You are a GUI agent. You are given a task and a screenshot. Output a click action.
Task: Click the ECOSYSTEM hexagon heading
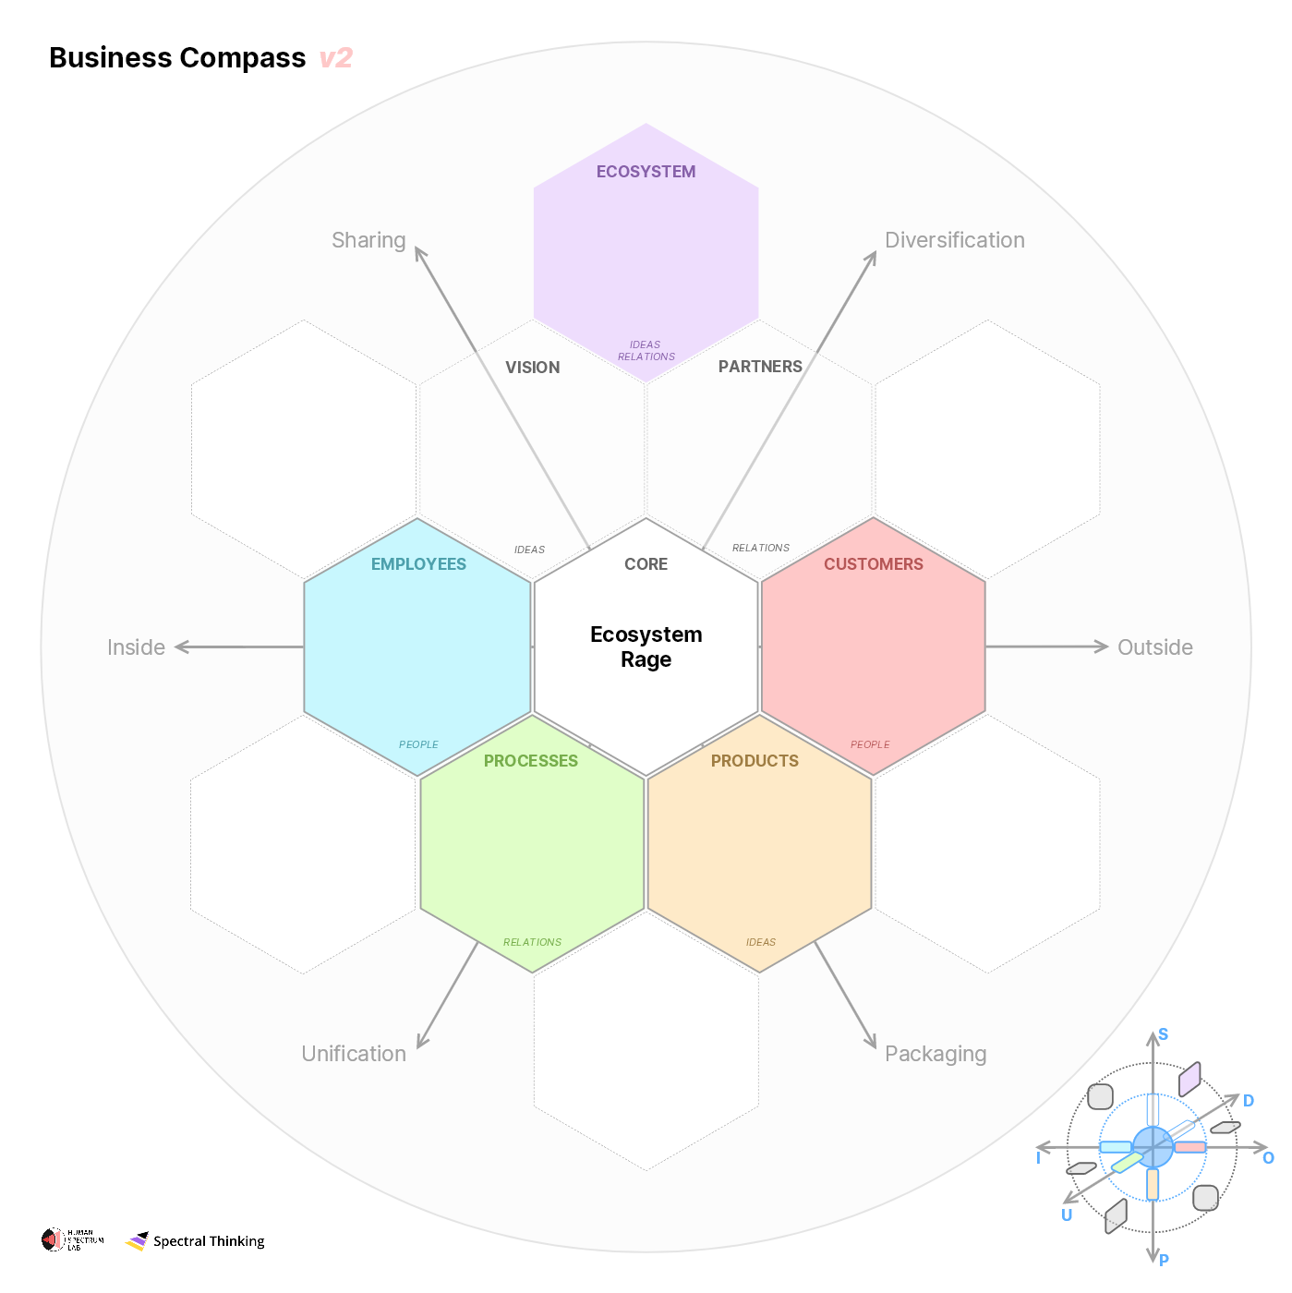pos(646,172)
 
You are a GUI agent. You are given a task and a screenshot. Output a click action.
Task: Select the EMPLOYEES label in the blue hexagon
pos(418,564)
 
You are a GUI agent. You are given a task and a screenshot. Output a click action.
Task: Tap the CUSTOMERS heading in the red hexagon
pos(873,564)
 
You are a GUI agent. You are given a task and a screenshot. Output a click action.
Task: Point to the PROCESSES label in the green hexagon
pos(531,761)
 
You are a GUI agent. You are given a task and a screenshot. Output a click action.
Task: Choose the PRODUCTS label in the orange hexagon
pos(755,761)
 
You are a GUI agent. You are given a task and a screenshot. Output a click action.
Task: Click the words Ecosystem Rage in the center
pos(646,646)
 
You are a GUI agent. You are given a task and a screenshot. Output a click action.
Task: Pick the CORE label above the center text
pos(646,564)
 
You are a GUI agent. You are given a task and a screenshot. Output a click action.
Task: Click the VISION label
pos(532,368)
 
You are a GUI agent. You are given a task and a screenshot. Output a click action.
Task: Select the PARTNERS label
pos(760,367)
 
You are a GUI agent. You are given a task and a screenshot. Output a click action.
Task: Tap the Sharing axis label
pos(368,240)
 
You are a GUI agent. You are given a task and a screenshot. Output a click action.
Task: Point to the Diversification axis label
pos(954,240)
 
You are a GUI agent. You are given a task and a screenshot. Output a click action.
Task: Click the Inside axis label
pos(136,647)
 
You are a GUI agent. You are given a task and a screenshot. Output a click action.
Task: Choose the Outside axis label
pos(1154,647)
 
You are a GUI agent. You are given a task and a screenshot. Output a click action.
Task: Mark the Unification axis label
pos(354,1054)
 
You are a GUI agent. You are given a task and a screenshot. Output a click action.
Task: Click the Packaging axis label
pos(935,1054)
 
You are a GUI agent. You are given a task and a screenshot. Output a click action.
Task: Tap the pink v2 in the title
pos(336,58)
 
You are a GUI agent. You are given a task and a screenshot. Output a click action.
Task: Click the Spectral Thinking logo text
pos(209,1241)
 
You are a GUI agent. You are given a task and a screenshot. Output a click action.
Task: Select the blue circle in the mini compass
pos(1153,1147)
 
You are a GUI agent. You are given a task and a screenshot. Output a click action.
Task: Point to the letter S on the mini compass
pos(1163,1034)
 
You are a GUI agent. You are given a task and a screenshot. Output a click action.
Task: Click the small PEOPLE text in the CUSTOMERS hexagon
pos(870,744)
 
